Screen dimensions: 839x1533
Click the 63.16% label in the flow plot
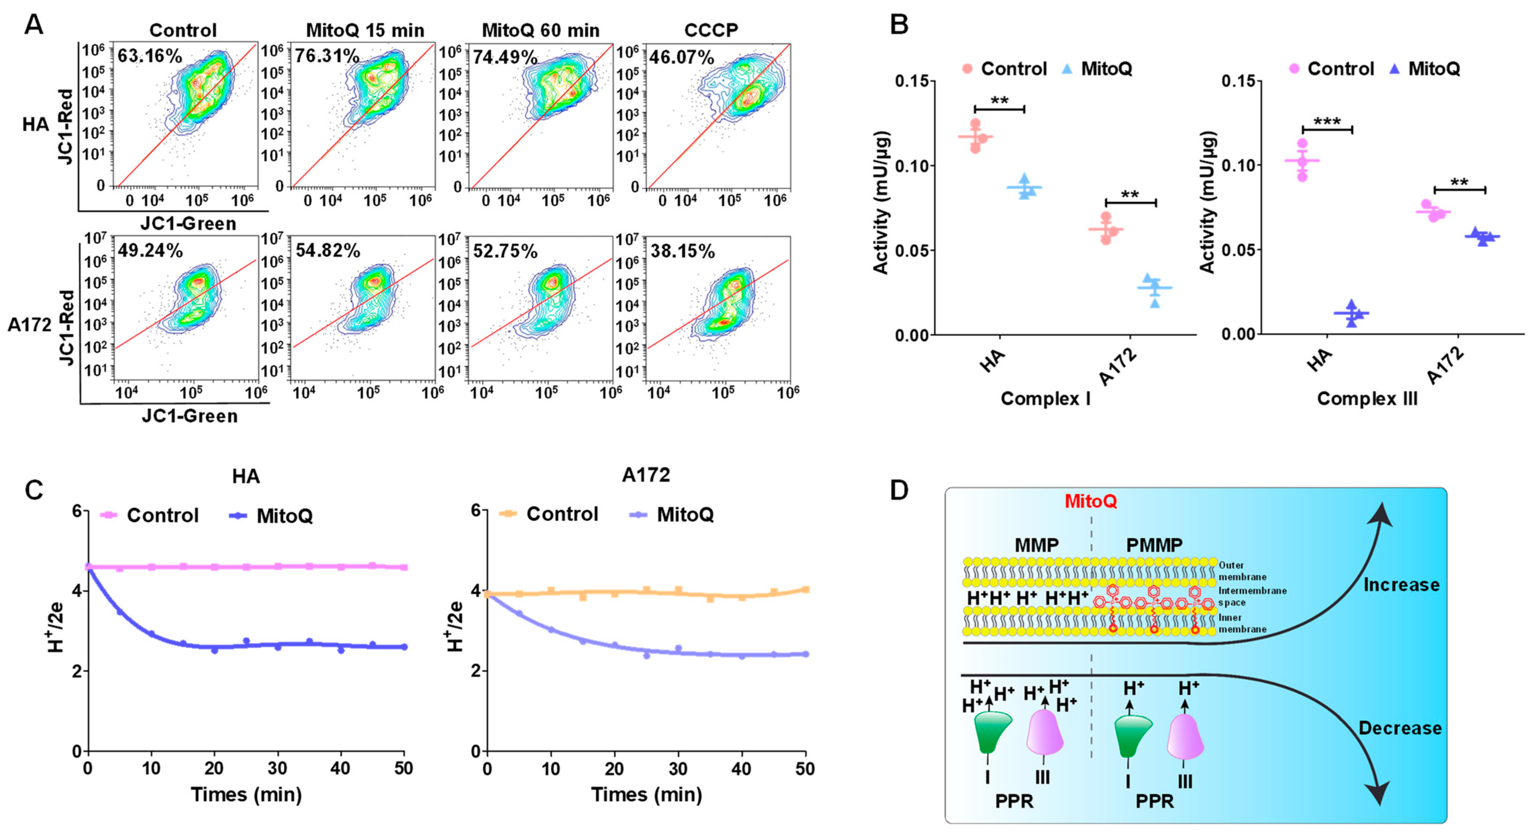point(149,56)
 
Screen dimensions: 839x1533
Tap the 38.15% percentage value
point(682,251)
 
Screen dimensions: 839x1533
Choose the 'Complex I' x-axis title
point(1046,398)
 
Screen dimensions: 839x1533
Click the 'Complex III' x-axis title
point(1367,398)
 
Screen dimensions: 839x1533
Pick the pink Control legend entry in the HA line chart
point(150,515)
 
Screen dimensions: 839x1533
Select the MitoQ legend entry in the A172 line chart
point(672,514)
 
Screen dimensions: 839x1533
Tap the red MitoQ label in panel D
point(1090,502)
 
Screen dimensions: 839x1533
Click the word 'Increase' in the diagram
point(1402,585)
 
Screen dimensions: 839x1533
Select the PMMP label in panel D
point(1154,545)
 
